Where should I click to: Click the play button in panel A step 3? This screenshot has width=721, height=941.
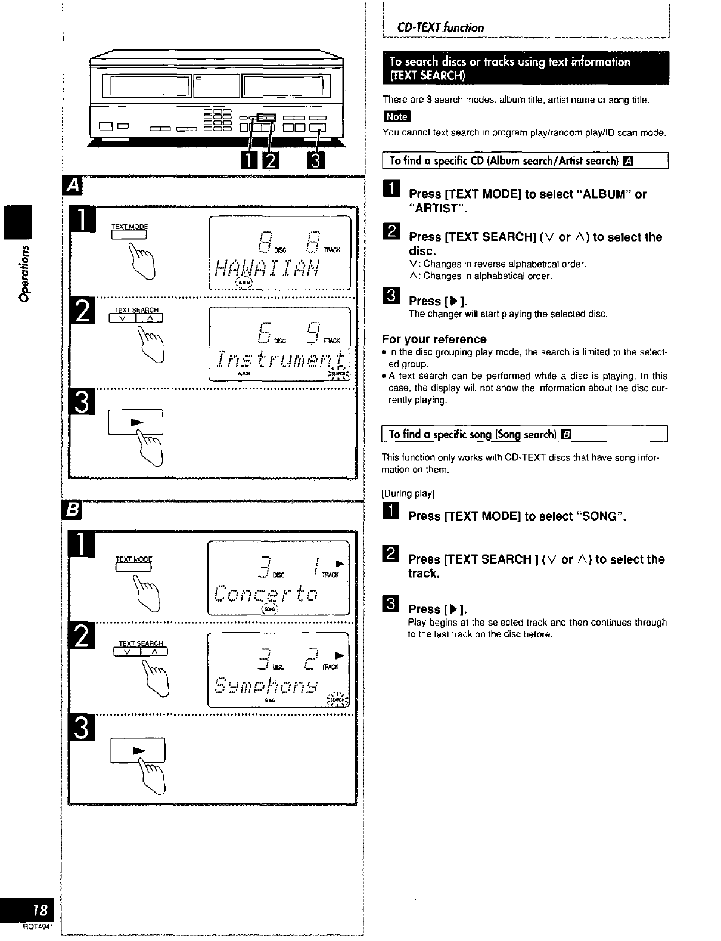(136, 422)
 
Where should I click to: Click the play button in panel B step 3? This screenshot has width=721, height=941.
(138, 750)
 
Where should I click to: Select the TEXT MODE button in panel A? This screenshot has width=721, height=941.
(129, 234)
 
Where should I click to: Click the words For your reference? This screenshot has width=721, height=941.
(434, 339)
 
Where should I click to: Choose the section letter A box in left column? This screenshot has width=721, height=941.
(73, 186)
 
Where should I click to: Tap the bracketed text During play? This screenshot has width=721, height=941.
(408, 493)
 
